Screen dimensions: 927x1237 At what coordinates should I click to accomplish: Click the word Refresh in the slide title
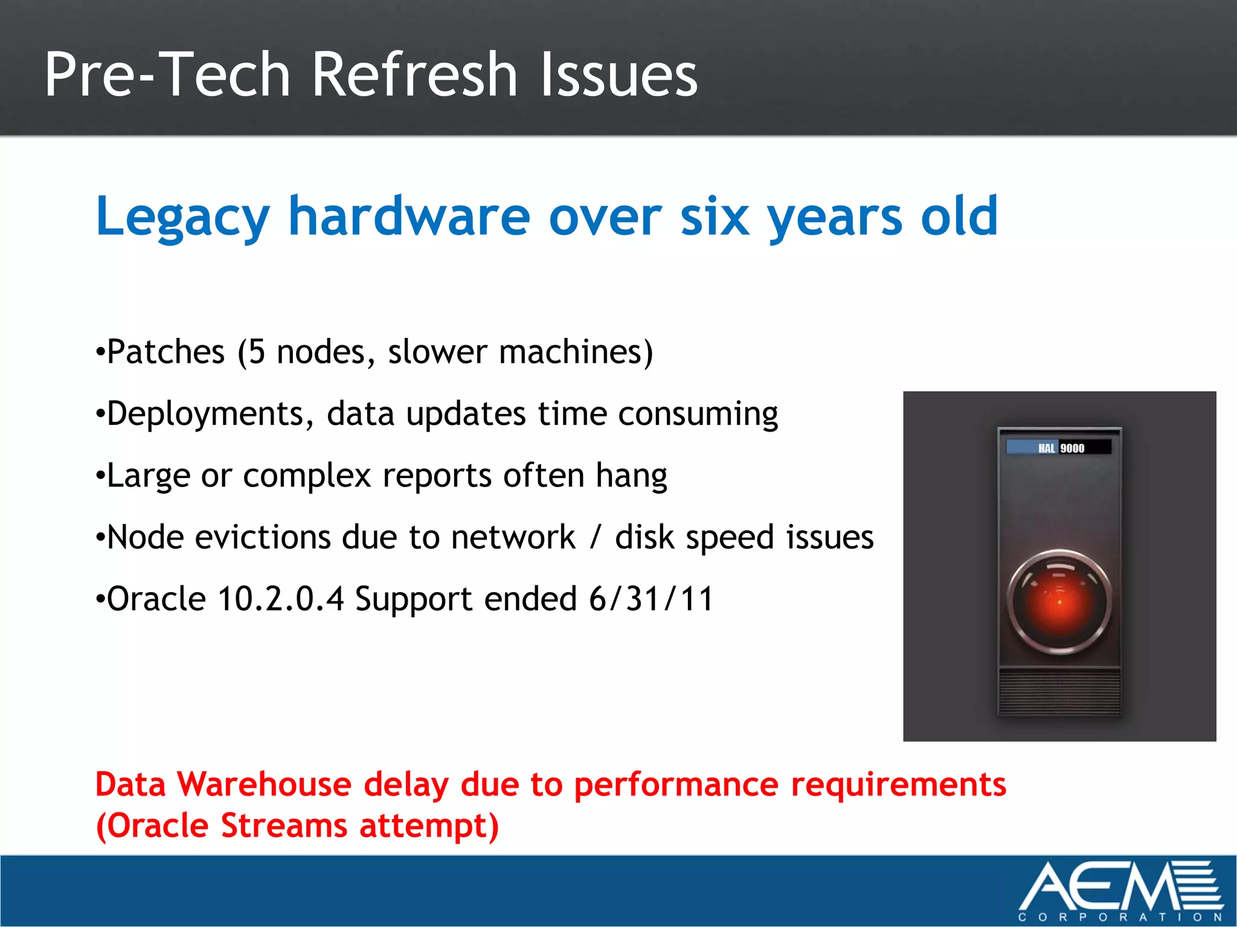(414, 75)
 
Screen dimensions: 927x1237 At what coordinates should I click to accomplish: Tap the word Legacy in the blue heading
(182, 217)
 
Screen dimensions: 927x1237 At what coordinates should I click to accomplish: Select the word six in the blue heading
(715, 217)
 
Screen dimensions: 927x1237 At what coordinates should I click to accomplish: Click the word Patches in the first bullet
(165, 352)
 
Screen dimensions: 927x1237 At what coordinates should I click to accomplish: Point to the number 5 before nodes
(257, 352)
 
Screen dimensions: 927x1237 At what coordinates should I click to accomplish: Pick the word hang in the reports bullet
(631, 476)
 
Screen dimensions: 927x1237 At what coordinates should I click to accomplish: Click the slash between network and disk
(596, 537)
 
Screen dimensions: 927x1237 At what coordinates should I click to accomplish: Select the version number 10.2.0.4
(281, 599)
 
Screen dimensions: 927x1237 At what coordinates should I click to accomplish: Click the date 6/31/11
(651, 599)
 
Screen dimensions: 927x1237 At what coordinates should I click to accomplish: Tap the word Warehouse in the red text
(264, 785)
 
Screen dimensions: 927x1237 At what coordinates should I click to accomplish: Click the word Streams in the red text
(284, 826)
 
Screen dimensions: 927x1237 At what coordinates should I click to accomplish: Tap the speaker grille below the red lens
(1059, 690)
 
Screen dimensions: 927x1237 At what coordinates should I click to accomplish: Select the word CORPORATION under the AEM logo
(1120, 917)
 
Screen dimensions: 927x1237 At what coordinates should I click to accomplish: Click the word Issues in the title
(618, 75)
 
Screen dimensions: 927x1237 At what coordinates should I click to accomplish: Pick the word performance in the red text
(676, 785)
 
